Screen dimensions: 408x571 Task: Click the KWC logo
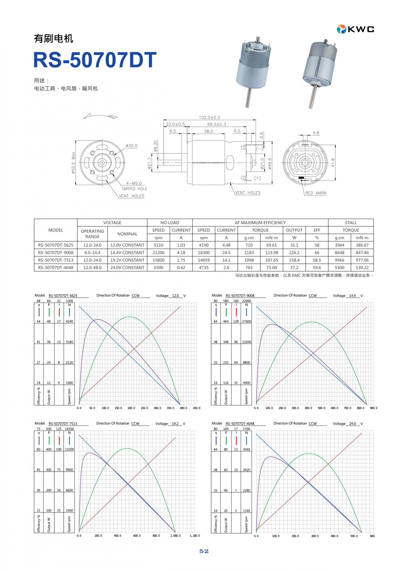pyautogui.click(x=355, y=29)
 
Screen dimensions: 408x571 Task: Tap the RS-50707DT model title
pyautogui.click(x=95, y=60)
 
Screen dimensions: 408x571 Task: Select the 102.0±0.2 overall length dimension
pyautogui.click(x=209, y=117)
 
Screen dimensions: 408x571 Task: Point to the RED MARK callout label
pyautogui.click(x=316, y=193)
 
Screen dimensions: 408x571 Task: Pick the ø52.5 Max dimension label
pyautogui.click(x=73, y=163)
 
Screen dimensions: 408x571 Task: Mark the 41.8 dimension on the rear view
pyautogui.click(x=333, y=162)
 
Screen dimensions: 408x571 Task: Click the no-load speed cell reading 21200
pyautogui.click(x=158, y=252)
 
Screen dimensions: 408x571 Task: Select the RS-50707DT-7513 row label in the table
pyautogui.click(x=56, y=260)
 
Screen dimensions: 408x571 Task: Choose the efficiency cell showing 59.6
pyautogui.click(x=317, y=268)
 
